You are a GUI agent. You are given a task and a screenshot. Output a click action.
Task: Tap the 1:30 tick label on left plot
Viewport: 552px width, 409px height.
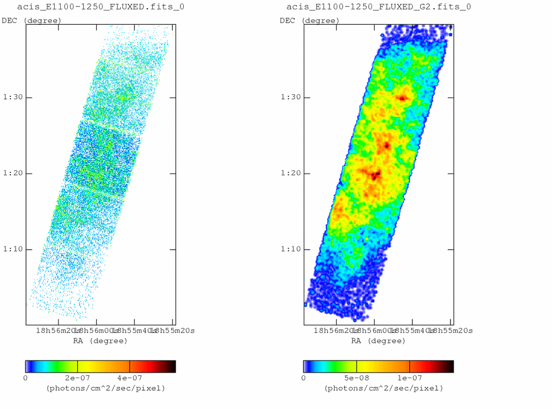10,98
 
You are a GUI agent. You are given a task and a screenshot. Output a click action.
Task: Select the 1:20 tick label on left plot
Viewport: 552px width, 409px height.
10,174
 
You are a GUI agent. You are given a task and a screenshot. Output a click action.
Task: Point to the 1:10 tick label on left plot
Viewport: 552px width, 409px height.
10,249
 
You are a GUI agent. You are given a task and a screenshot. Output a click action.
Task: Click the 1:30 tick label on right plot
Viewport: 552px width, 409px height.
289,98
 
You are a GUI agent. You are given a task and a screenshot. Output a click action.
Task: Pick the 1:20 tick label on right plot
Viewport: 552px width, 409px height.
289,174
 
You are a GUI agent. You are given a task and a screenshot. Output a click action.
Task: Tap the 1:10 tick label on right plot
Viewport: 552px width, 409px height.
289,249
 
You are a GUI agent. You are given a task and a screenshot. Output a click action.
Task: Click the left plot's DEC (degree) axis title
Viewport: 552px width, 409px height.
31,20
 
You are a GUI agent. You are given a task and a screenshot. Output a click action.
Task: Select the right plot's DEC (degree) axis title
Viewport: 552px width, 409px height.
310,20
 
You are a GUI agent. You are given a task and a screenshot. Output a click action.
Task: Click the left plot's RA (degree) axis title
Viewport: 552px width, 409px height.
100,341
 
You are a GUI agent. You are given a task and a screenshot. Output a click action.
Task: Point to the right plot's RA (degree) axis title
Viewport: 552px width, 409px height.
378,341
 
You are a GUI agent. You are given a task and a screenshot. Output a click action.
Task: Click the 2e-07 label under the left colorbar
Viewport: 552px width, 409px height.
77,378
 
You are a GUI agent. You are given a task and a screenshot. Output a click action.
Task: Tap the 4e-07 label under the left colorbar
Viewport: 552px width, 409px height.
130,378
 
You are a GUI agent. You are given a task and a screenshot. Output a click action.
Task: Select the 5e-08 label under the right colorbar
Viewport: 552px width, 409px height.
356,378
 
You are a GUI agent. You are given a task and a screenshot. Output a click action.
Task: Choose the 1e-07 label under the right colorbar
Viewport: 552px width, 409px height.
409,378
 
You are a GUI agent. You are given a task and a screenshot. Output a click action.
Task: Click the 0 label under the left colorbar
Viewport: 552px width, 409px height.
25,378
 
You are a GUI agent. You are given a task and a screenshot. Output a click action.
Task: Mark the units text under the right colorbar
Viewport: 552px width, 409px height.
384,388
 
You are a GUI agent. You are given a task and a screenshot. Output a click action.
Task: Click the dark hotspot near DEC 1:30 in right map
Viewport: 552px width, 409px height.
402,99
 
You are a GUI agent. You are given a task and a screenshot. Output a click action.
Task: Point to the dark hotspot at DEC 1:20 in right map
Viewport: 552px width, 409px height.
376,176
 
